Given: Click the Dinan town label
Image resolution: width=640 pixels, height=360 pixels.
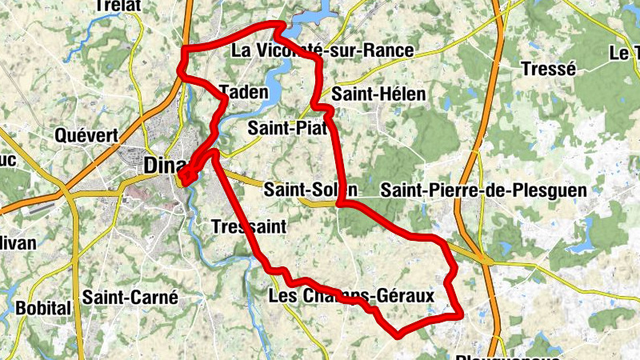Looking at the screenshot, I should tap(162, 165).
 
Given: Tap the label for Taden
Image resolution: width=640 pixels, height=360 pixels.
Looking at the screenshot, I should tap(242, 92).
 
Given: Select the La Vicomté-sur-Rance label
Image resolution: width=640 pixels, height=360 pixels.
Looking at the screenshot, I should tap(322, 51).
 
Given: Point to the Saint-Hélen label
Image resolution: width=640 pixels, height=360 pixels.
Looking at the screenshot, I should tap(378, 94).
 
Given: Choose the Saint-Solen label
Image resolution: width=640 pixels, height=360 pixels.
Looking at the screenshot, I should tap(310, 190).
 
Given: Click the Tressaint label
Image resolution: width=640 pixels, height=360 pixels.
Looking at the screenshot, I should tap(249, 226).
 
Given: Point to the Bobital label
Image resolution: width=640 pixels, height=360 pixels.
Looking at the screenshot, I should tap(44, 308).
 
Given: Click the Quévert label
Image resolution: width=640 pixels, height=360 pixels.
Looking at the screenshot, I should tap(86, 135).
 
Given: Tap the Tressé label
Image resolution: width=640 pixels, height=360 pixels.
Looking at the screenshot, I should tap(548, 69).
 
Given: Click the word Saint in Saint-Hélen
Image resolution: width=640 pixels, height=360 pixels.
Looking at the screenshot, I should tap(353, 94).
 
